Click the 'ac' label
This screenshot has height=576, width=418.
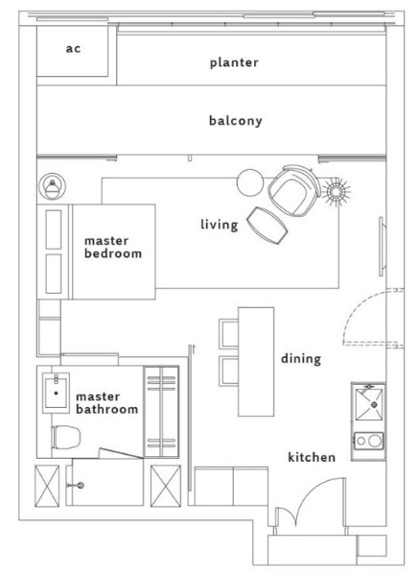73,49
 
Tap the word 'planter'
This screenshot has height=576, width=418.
234,62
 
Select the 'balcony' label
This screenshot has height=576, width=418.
236,121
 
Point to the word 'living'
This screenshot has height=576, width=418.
220,225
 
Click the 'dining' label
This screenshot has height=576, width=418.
301,358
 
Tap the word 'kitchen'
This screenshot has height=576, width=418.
312,457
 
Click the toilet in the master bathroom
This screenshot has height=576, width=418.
66,437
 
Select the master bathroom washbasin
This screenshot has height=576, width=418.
56,393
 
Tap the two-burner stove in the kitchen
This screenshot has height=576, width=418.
369,441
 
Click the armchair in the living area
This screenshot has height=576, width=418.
294,189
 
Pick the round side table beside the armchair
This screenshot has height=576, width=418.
250,182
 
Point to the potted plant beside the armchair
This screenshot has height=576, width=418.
336,191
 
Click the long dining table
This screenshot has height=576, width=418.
256,362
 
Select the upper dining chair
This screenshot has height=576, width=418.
228,333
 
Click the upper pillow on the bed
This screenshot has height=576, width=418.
54,229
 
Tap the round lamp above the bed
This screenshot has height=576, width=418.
53,186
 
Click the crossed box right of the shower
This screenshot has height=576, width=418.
166,486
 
